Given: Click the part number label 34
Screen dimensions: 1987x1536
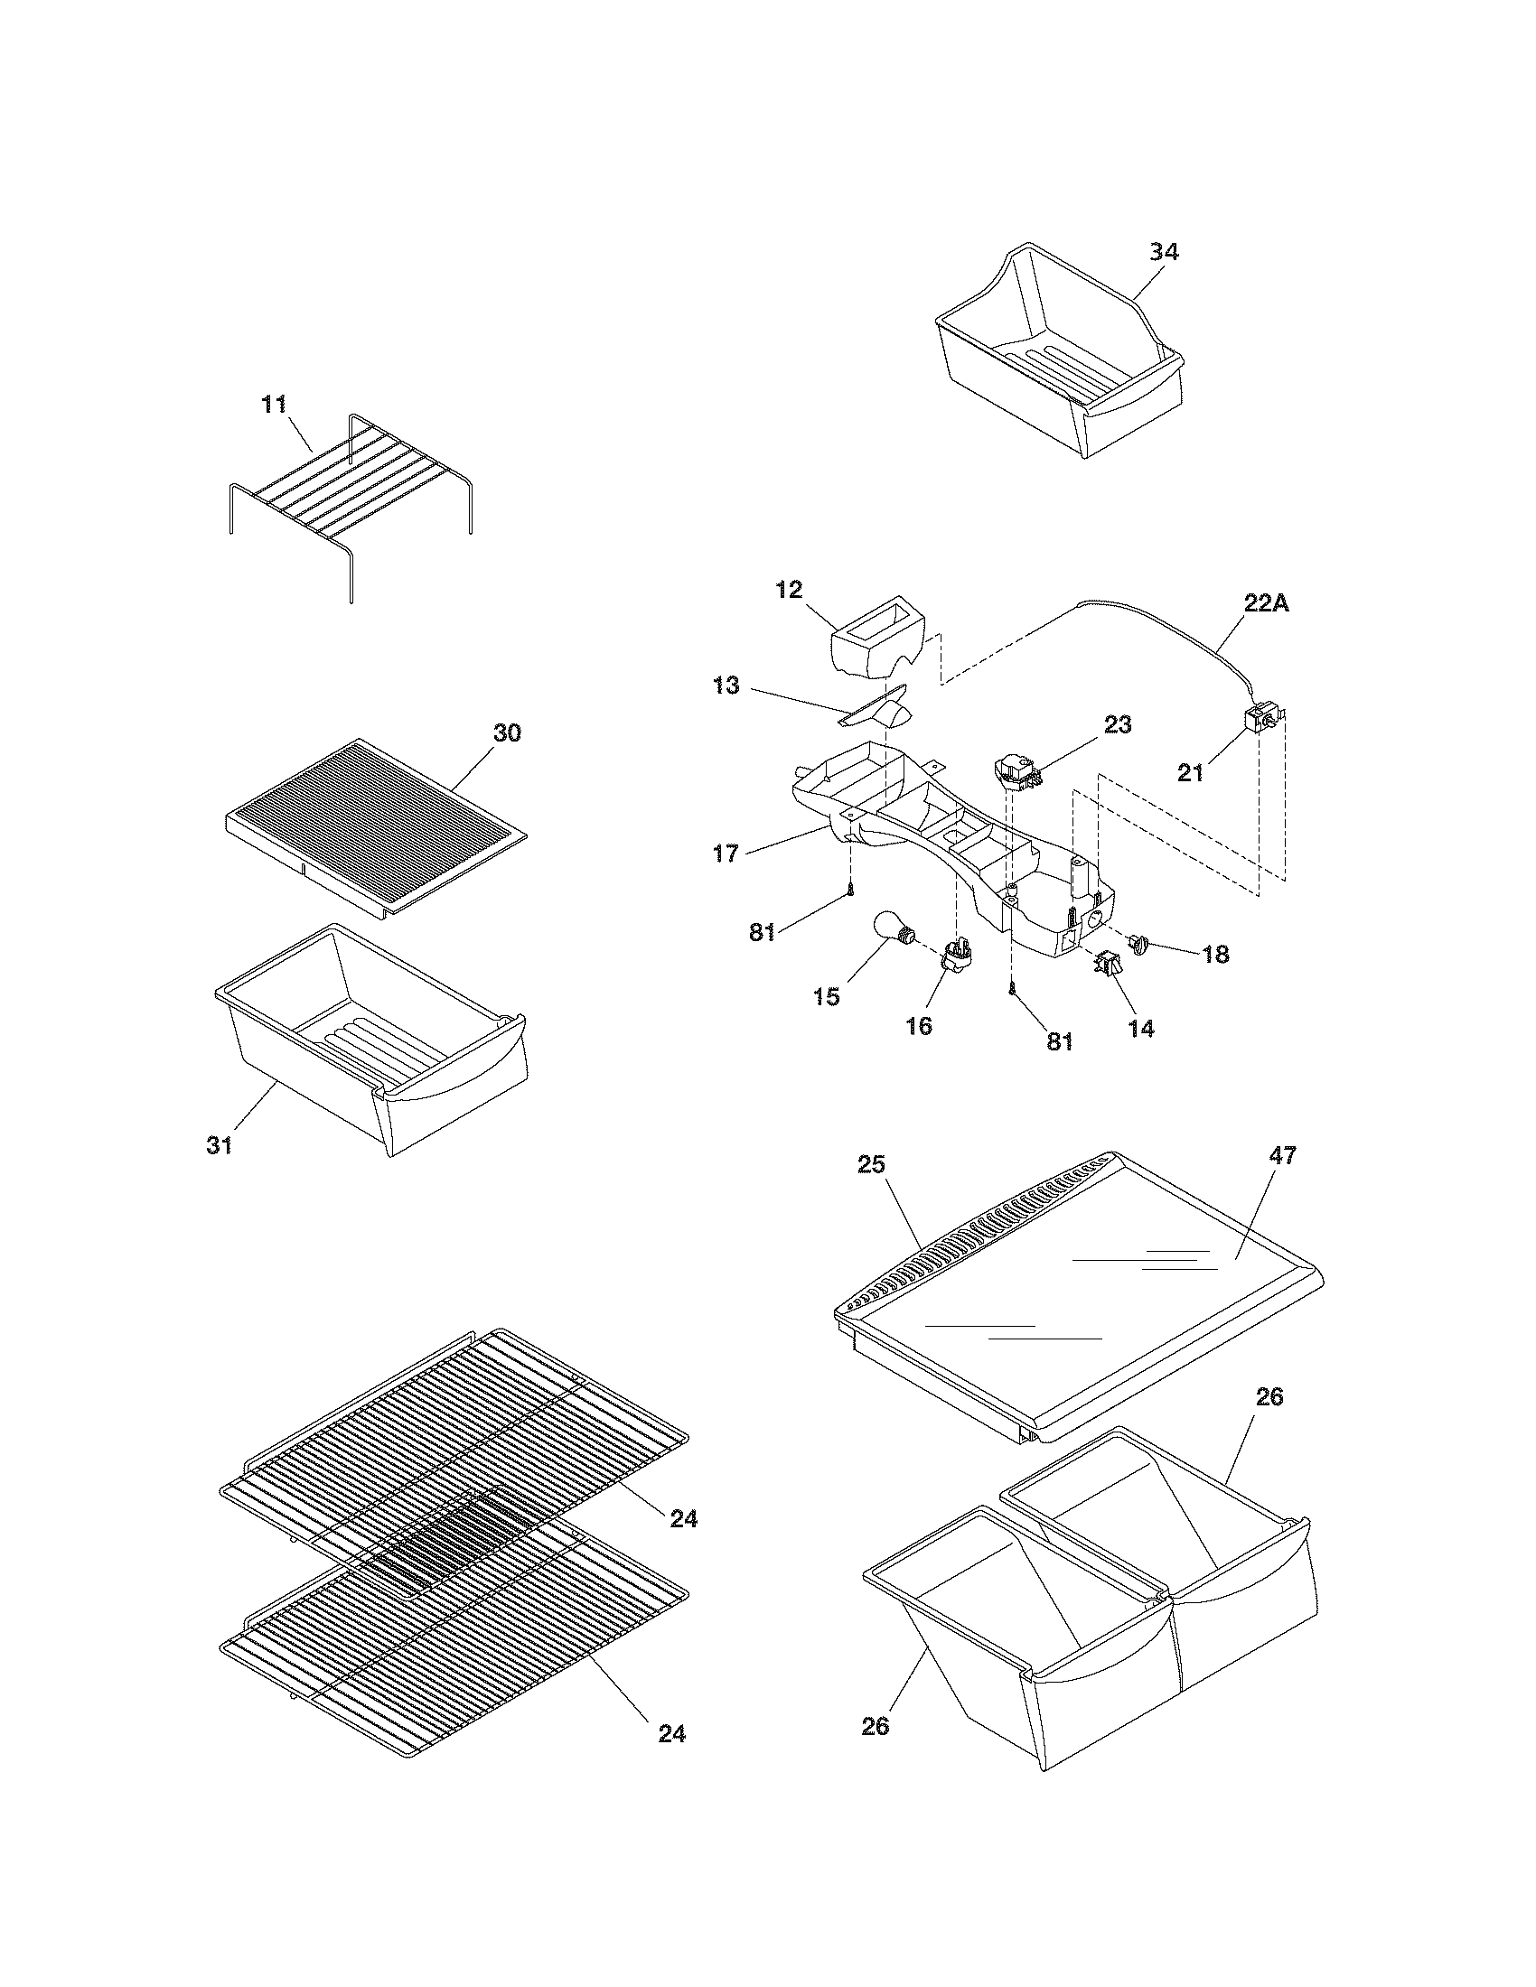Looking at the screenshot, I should pos(1164,252).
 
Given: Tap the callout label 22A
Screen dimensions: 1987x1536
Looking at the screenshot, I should pos(1266,602).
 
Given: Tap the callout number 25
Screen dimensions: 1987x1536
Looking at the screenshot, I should pos(872,1164).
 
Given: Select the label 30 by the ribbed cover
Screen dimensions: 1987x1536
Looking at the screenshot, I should pos(507,732).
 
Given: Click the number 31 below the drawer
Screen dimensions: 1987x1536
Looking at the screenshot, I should pos(220,1145).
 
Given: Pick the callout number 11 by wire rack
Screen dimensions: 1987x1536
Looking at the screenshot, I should pos(275,404).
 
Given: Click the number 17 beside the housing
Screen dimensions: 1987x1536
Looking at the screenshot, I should pos(726,854).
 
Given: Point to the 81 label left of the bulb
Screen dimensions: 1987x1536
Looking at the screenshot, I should pos(763,932).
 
